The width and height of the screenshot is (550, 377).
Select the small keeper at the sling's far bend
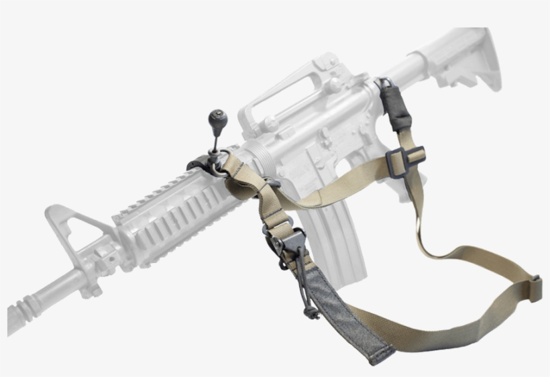tap(535, 288)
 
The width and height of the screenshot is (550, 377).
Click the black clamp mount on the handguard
tap(199, 165)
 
